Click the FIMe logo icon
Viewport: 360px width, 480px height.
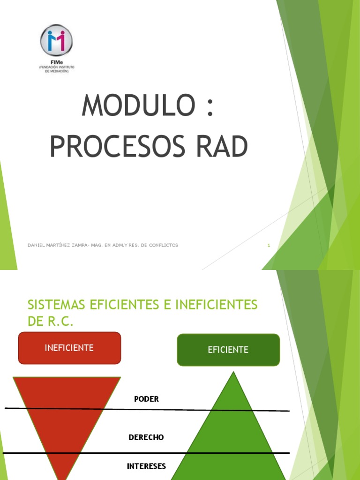coord(57,40)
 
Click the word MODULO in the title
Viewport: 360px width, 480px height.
coord(137,105)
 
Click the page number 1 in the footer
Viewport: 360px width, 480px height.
coord(269,245)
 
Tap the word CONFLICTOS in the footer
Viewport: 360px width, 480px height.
coord(162,245)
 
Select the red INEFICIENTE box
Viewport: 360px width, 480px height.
coord(69,348)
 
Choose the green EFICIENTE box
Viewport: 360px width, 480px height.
coord(228,350)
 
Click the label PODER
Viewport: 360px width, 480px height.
coord(146,399)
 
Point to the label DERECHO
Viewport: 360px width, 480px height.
coord(146,437)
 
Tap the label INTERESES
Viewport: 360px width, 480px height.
coord(146,466)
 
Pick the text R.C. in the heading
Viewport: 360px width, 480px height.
coord(60,322)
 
